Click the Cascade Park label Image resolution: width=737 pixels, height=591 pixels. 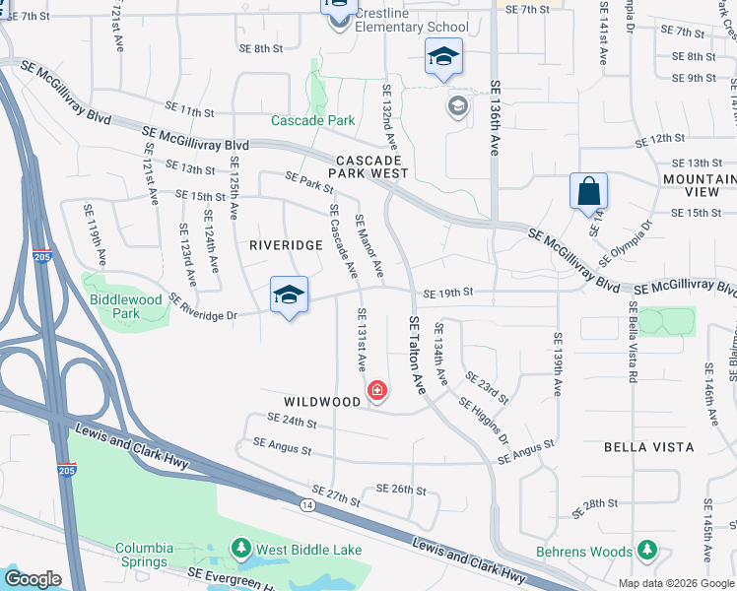[x=312, y=121]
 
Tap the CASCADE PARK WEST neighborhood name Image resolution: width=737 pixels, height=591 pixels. [x=370, y=166]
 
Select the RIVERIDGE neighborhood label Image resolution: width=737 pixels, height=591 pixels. [x=286, y=244]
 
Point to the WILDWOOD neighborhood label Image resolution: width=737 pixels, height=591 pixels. [x=322, y=402]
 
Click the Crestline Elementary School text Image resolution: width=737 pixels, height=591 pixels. [x=412, y=20]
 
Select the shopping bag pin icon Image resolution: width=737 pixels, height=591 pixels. [x=588, y=191]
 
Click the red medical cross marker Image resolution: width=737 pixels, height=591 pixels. [x=376, y=392]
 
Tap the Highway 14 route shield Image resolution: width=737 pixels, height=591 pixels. [x=308, y=504]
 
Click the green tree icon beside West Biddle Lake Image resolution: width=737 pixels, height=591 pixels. [x=240, y=548]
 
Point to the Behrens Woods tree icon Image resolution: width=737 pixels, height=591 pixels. [x=646, y=550]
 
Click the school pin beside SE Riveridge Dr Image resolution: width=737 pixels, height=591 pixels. [x=290, y=295]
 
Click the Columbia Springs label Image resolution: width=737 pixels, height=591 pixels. [x=144, y=555]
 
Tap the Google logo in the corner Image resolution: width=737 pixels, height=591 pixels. [x=33, y=579]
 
